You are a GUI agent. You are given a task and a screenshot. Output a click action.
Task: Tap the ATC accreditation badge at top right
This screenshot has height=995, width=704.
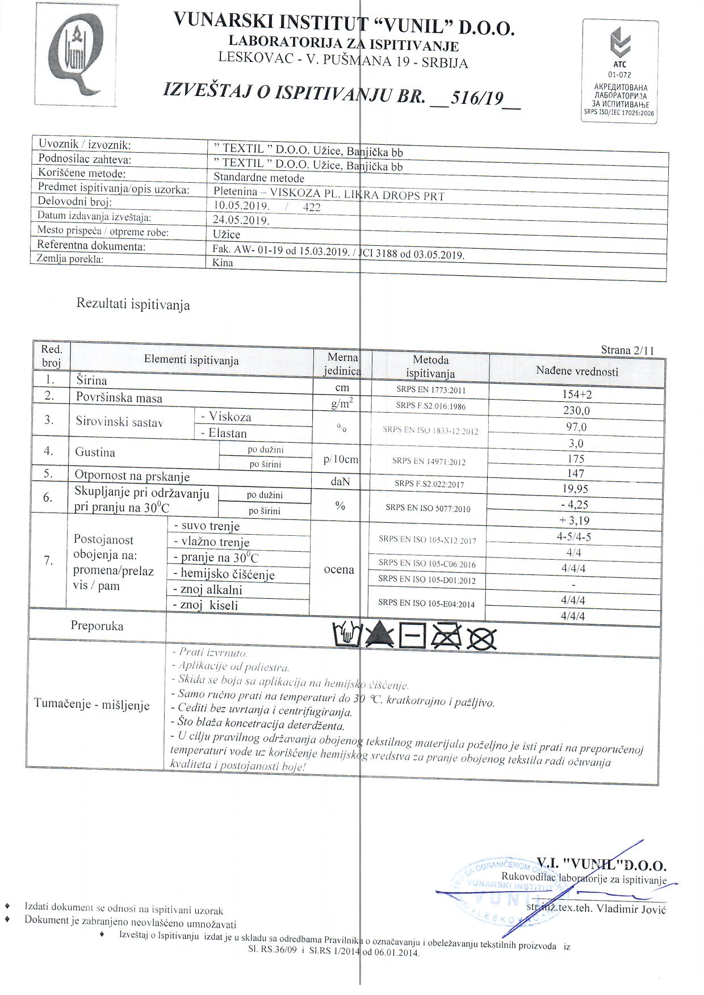[620, 72]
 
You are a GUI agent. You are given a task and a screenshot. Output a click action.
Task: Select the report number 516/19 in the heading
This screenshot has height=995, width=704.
[476, 99]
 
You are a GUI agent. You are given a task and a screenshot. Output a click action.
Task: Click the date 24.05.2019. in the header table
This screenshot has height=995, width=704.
[241, 221]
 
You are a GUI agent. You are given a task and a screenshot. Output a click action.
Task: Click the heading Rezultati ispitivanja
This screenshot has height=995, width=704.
[133, 305]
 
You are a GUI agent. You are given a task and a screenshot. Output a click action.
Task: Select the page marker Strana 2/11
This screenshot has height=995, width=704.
[627, 350]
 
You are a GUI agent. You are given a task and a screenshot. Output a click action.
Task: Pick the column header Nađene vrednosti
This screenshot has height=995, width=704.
[577, 371]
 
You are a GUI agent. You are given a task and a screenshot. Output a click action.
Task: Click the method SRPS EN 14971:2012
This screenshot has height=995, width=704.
[429, 461]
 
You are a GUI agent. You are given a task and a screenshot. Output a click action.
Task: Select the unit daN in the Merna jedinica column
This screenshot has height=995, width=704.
[340, 481]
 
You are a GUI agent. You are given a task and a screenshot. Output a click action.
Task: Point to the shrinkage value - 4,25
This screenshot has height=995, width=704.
[574, 505]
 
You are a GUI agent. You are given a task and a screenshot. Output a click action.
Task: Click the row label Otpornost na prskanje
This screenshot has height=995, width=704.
[132, 476]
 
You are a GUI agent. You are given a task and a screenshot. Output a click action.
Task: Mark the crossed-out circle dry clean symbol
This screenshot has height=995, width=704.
[481, 640]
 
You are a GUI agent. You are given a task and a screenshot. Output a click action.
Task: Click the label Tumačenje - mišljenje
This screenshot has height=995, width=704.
[92, 704]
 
